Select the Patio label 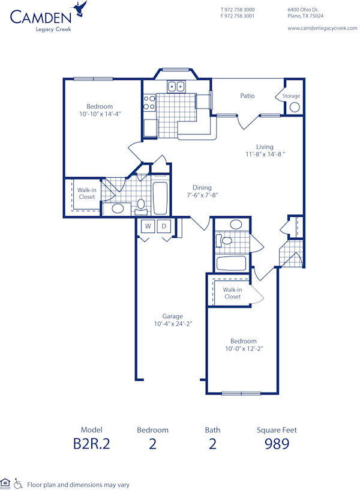[x=247, y=95]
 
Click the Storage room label [x=291, y=96]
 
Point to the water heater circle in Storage [x=294, y=107]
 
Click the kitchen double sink [x=176, y=86]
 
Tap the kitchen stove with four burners [x=149, y=103]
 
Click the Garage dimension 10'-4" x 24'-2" [x=172, y=324]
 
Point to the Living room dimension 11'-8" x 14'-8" [x=265, y=154]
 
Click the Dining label [x=202, y=187]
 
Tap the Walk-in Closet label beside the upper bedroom [x=86, y=193]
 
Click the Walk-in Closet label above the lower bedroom [x=232, y=293]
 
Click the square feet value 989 [x=277, y=444]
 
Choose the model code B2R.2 [x=91, y=444]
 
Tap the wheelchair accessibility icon [x=18, y=483]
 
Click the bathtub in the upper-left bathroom [x=160, y=198]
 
